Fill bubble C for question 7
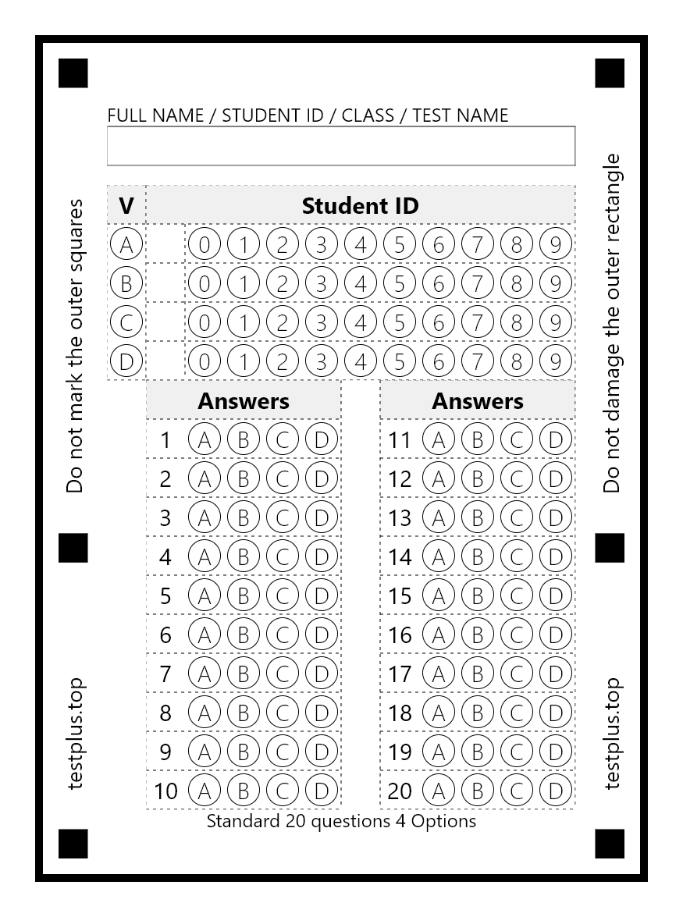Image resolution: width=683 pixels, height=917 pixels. pyautogui.click(x=283, y=674)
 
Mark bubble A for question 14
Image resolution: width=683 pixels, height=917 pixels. pyautogui.click(x=439, y=556)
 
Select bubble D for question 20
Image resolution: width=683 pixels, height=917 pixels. pyautogui.click(x=556, y=791)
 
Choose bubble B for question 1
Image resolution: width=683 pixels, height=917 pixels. pyautogui.click(x=244, y=439)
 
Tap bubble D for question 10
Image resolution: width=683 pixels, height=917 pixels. pyautogui.click(x=322, y=791)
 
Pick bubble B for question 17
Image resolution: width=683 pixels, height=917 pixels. pyautogui.click(x=478, y=674)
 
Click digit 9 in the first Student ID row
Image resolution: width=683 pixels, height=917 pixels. pyautogui.click(x=556, y=244)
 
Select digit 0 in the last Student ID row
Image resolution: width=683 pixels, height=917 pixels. pyautogui.click(x=205, y=361)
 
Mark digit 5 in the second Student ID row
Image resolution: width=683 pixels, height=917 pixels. pyautogui.click(x=400, y=283)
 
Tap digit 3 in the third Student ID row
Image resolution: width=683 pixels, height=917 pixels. pyautogui.click(x=322, y=322)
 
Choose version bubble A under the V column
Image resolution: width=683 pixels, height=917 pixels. pyautogui.click(x=126, y=244)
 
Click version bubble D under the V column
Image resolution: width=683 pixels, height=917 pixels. pyautogui.click(x=126, y=361)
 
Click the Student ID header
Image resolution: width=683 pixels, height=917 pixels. pyautogui.click(x=361, y=206)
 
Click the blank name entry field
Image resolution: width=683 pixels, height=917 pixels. pyautogui.click(x=341, y=146)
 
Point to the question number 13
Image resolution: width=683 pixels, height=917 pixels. pyautogui.click(x=400, y=517)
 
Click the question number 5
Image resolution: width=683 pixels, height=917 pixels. pyautogui.click(x=165, y=595)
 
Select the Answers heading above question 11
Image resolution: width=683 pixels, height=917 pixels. pyautogui.click(x=478, y=401)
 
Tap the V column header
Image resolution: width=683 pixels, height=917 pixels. pyautogui.click(x=126, y=206)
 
